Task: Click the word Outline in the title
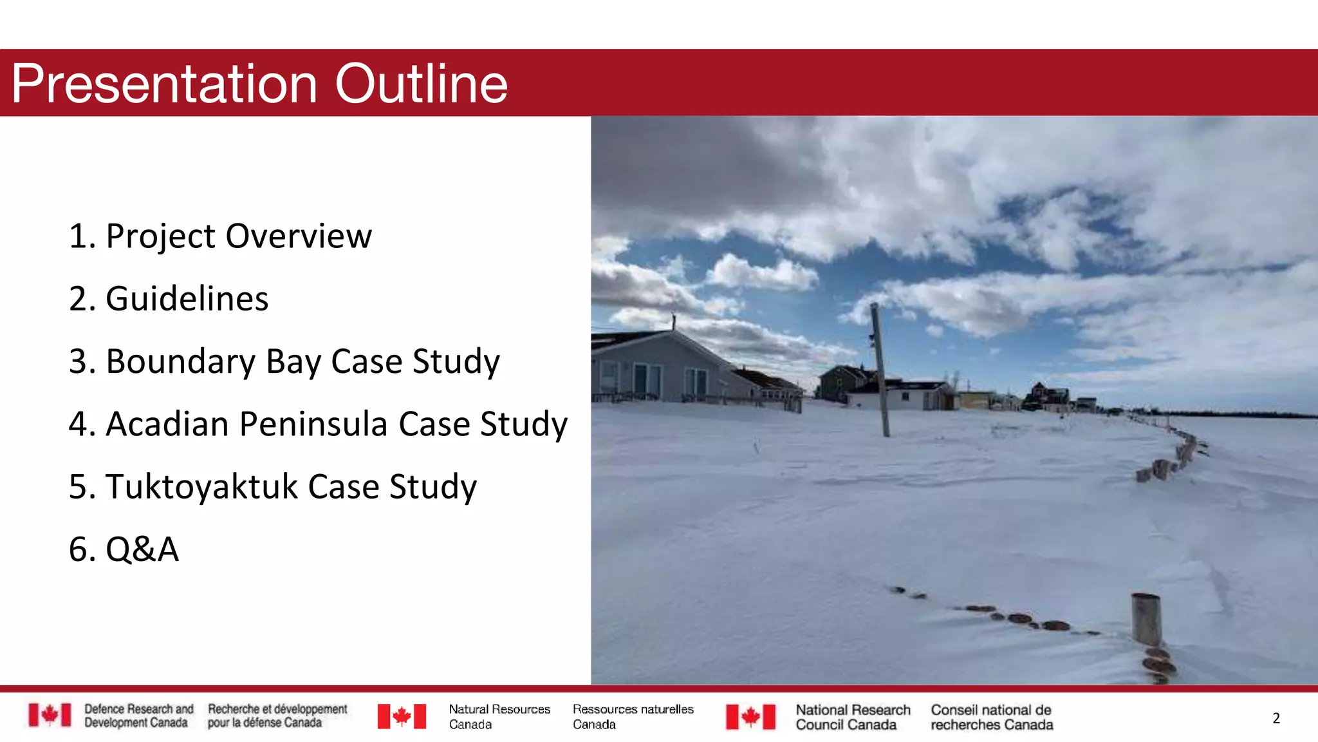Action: pyautogui.click(x=422, y=84)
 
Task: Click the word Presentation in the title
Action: pyautogui.click(x=165, y=84)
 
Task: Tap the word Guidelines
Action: pyautogui.click(x=187, y=299)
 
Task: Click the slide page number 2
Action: pyautogui.click(x=1276, y=718)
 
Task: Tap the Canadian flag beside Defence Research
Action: pyautogui.click(x=50, y=715)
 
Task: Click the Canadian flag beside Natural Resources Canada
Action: pyautogui.click(x=402, y=716)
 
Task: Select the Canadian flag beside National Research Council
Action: pyautogui.click(x=750, y=716)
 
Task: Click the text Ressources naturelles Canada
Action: pyautogui.click(x=633, y=716)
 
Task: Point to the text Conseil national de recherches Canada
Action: pyautogui.click(x=992, y=717)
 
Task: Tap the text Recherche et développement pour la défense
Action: pyautogui.click(x=277, y=716)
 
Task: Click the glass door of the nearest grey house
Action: pyautogui.click(x=647, y=381)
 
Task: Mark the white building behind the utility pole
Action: pyautogui.click(x=907, y=395)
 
